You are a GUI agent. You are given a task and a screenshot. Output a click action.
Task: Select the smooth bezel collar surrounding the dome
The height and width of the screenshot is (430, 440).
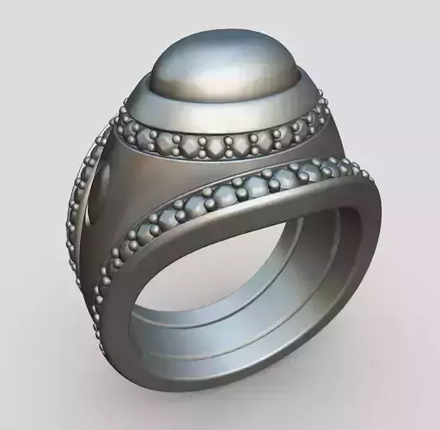(223, 112)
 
